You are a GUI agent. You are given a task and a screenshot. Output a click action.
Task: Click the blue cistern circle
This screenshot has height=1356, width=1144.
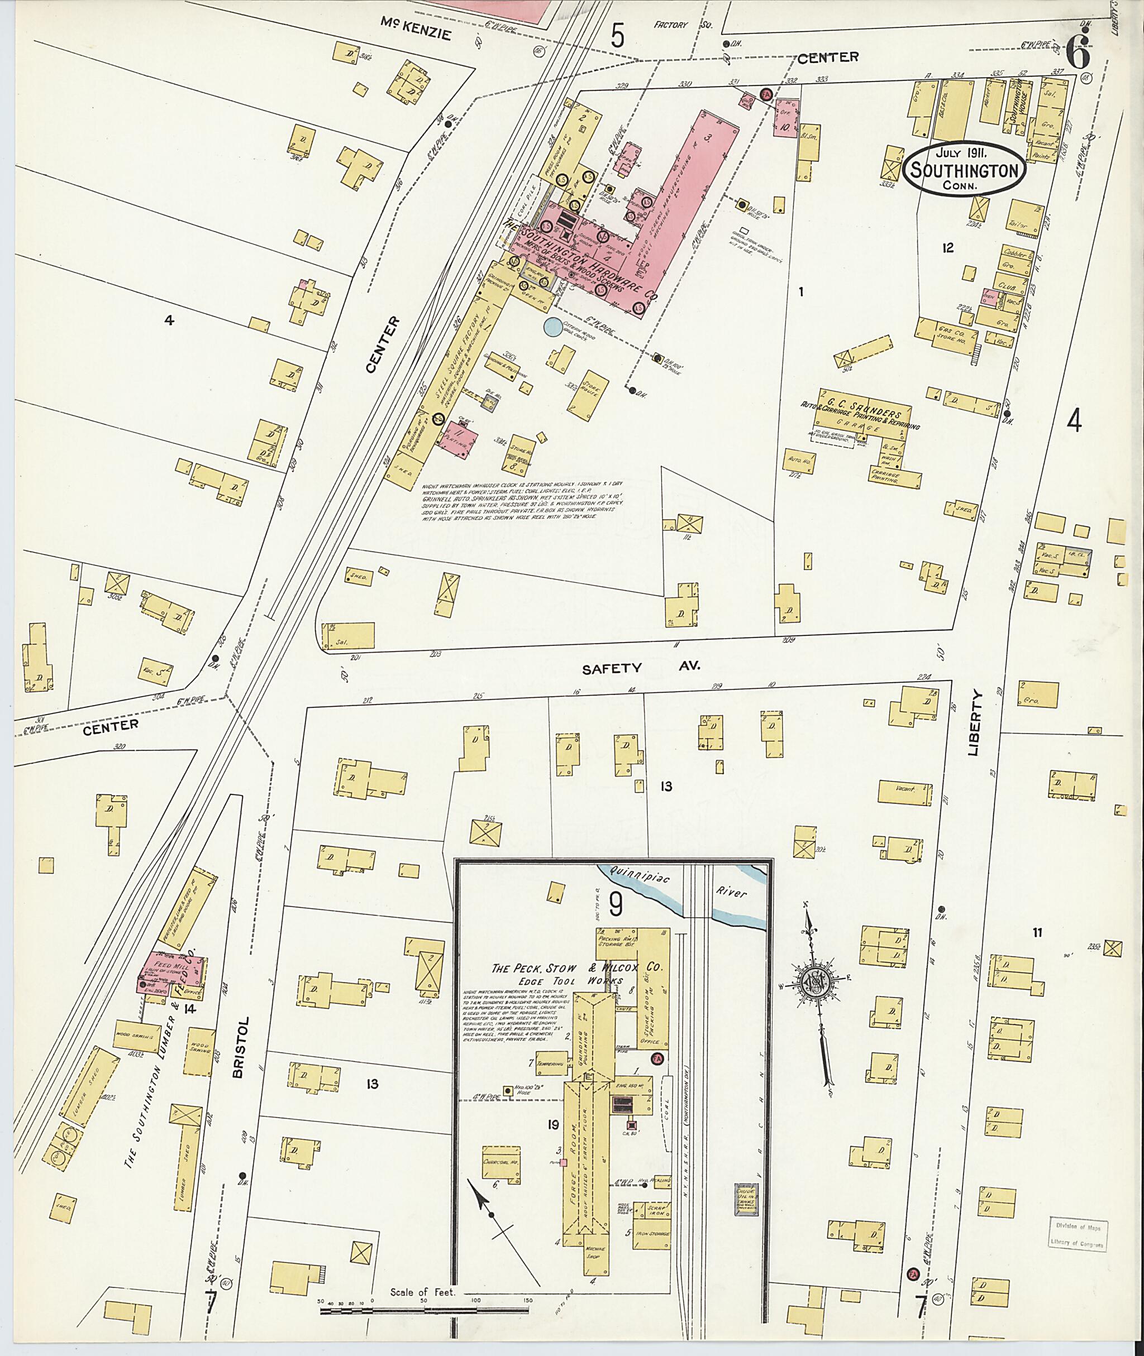tap(553, 326)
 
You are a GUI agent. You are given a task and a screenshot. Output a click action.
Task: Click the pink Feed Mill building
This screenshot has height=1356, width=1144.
tap(170, 971)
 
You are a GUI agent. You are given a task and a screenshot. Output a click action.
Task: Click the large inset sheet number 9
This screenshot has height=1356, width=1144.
tap(616, 904)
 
